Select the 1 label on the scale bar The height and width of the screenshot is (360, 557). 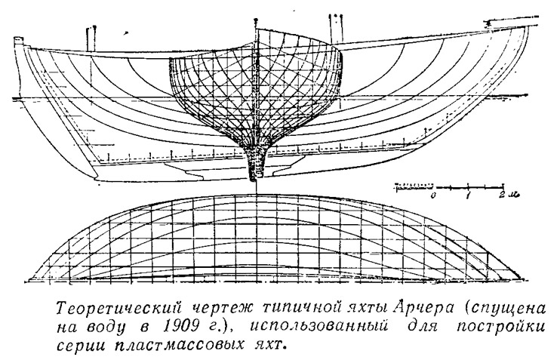click(469, 195)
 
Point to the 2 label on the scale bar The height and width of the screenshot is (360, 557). click(502, 195)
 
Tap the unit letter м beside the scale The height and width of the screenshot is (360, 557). click(512, 195)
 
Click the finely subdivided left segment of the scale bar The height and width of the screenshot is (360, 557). click(414, 186)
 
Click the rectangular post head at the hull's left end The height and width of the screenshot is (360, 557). click(17, 40)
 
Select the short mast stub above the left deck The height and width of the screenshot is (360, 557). click(92, 38)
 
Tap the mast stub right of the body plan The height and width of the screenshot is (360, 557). click(335, 29)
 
